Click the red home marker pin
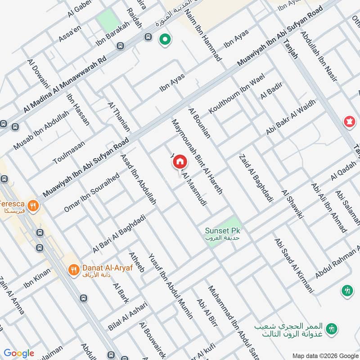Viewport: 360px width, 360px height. click(x=180, y=162)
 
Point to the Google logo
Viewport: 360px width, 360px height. click(x=18, y=353)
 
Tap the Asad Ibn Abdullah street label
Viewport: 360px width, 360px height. click(x=138, y=180)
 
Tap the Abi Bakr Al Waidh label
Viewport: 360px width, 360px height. click(x=291, y=117)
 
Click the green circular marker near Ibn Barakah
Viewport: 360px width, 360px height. click(x=165, y=40)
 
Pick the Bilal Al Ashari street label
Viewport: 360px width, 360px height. click(x=127, y=316)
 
